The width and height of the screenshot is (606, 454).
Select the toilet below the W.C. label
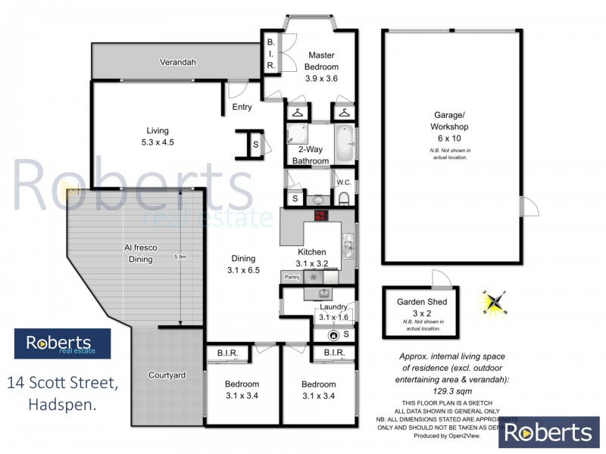[x=343, y=199]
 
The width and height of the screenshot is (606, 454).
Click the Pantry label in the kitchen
[x=292, y=278]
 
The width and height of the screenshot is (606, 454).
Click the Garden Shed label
[x=422, y=302]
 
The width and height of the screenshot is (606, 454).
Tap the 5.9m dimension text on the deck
[x=180, y=257]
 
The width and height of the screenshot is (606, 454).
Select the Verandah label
[x=177, y=62]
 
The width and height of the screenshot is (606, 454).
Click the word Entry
[x=242, y=107]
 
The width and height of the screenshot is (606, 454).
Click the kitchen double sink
[x=348, y=247]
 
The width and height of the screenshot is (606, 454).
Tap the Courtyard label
[x=167, y=375]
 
